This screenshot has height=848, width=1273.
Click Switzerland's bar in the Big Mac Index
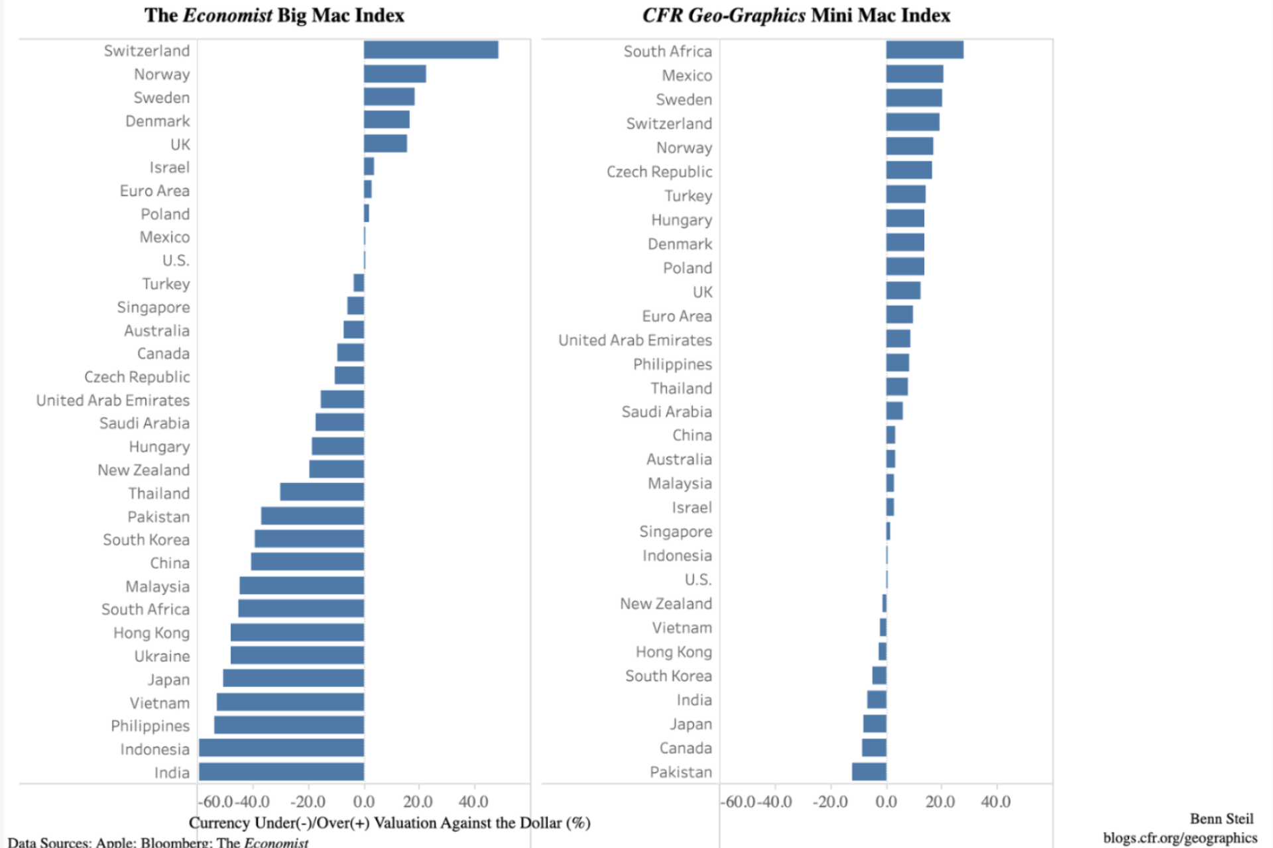431,50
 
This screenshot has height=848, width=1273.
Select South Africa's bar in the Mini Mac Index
924,50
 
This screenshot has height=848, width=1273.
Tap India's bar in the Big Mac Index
281,772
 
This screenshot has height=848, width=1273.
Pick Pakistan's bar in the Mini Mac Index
869,772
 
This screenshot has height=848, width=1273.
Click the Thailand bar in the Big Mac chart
322,492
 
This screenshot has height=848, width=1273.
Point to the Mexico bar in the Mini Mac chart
914,74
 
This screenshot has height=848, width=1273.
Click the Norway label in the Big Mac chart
162,74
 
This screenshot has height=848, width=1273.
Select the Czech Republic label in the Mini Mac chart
659,172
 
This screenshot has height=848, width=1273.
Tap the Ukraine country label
162,656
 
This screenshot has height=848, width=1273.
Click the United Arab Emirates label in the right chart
635,340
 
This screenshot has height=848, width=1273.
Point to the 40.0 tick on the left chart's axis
473,802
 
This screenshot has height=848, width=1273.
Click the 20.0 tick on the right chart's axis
940,802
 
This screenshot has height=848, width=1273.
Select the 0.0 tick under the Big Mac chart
363,802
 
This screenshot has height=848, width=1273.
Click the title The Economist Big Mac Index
274,15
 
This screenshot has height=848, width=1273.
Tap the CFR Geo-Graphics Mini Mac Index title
796,15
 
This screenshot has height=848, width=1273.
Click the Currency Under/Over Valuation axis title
389,823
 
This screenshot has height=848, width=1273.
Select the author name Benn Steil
1221,819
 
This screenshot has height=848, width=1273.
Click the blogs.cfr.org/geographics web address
1180,837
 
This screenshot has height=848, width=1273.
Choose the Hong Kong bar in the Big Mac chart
297,633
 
